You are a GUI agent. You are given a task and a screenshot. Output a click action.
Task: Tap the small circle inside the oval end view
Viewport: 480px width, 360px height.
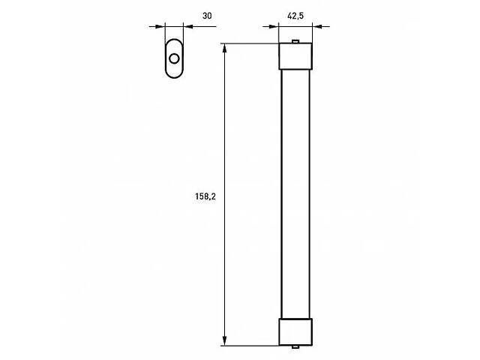click(x=174, y=58)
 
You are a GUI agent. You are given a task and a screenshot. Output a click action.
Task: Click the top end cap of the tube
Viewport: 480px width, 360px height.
click(x=295, y=54)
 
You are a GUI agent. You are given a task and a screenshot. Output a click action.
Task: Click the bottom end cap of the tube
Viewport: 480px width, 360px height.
click(x=295, y=331)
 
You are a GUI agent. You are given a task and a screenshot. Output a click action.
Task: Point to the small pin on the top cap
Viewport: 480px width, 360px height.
click(x=296, y=40)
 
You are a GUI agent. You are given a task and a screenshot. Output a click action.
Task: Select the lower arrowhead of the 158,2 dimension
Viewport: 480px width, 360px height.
click(x=225, y=342)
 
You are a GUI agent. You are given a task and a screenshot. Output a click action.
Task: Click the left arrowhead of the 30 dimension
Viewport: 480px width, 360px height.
click(x=160, y=26)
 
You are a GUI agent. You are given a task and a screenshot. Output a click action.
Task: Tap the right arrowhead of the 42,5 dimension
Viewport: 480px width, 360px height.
click(x=316, y=26)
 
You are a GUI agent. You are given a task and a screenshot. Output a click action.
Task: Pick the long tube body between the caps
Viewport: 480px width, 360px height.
click(x=295, y=192)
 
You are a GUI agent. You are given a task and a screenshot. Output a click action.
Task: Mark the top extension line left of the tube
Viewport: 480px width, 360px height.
click(x=251, y=43)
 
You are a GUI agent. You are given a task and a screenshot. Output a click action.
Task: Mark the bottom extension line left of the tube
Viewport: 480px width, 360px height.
click(x=251, y=346)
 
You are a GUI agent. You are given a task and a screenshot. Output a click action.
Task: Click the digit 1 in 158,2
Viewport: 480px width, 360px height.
click(x=196, y=197)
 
